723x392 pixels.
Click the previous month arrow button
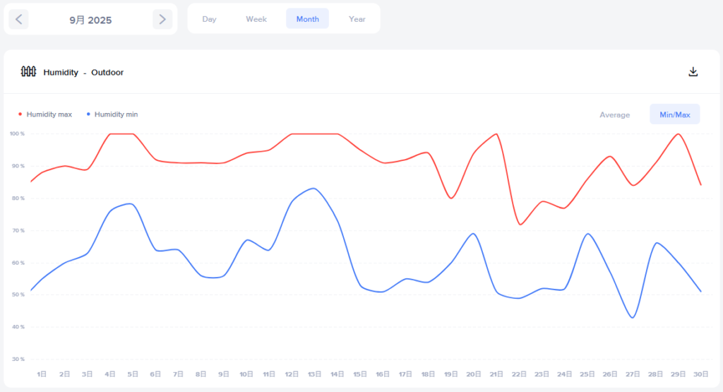point(18,19)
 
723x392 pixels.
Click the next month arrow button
point(162,19)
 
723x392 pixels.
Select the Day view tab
point(209,19)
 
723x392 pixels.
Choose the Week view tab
point(256,19)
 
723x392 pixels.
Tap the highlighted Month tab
point(307,19)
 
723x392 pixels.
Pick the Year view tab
point(357,19)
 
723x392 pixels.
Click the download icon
point(693,72)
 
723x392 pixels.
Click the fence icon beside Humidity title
point(28,71)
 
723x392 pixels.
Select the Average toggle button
point(614,114)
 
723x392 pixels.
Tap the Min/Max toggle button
point(674,114)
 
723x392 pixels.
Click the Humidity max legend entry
point(49,114)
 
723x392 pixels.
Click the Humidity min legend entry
point(116,114)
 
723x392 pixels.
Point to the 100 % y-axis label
point(17,133)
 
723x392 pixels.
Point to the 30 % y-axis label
point(17,360)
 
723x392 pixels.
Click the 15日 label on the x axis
point(361,374)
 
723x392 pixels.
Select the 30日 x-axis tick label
point(701,374)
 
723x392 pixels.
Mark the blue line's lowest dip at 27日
point(633,318)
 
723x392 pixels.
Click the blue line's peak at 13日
point(313,188)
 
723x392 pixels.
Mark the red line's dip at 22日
point(520,225)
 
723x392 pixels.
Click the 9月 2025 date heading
point(90,20)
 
